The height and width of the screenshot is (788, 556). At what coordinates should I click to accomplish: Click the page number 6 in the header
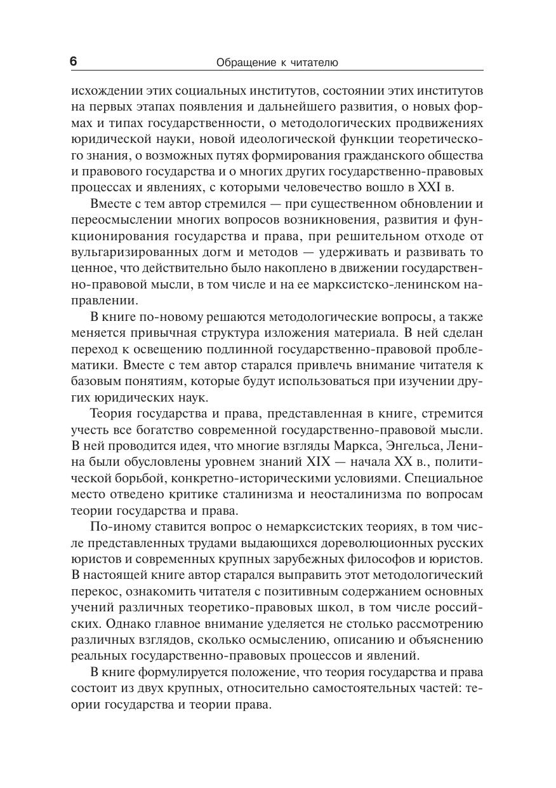pos(73,62)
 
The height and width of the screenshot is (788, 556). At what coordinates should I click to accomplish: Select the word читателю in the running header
pos(314,62)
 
